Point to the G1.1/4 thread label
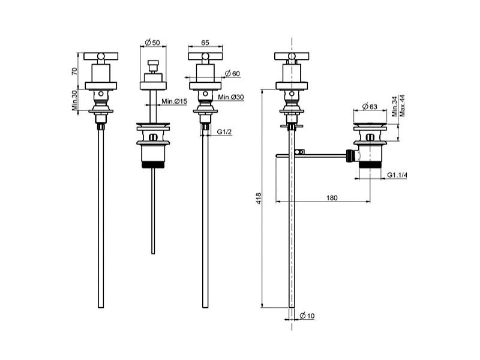point(397,175)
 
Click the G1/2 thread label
point(224,131)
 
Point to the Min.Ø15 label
point(175,101)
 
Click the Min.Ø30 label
point(232,97)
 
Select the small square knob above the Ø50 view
point(152,65)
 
